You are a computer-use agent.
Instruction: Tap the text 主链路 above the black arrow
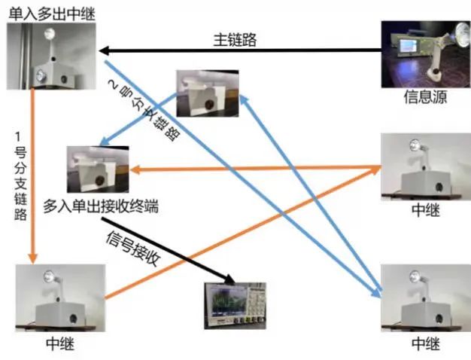(x=234, y=40)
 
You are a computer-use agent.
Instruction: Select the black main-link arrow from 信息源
(x=241, y=51)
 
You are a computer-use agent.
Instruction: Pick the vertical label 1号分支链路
(x=22, y=177)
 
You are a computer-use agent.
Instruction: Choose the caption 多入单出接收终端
(x=101, y=204)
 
